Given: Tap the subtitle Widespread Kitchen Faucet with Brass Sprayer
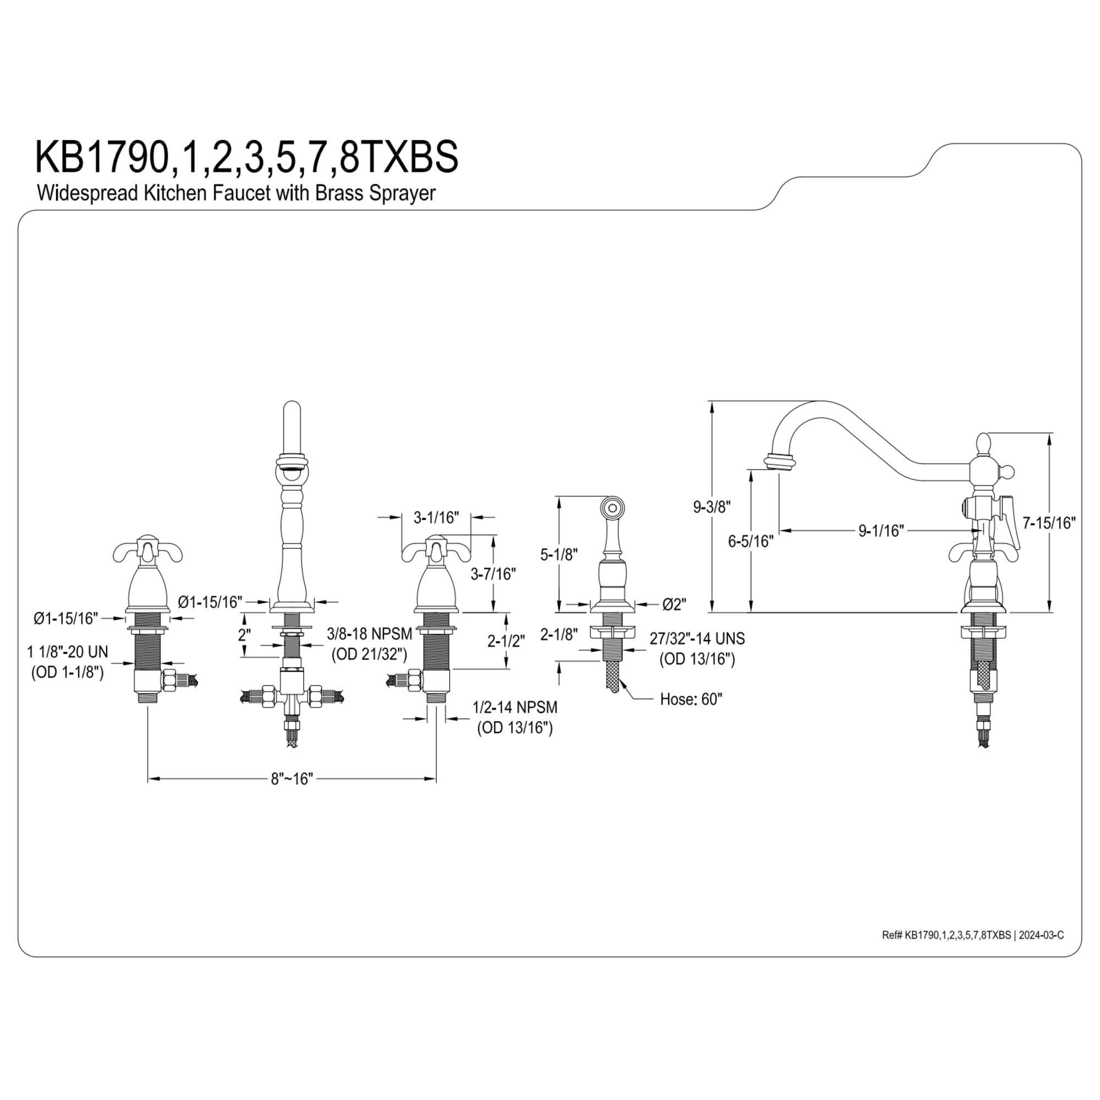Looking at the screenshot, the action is tap(237, 193).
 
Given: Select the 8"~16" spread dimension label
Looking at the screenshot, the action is tap(292, 779).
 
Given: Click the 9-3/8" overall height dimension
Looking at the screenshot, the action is tap(712, 507).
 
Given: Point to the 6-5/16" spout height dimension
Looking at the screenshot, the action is tap(751, 541).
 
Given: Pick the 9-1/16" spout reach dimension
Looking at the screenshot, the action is tap(881, 531).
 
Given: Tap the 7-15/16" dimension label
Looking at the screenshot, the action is tap(1049, 522).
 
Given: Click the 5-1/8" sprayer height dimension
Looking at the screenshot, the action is tap(559, 554).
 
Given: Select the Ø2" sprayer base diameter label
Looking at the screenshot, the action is tap(675, 604).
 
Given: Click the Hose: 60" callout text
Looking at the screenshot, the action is tap(691, 699).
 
